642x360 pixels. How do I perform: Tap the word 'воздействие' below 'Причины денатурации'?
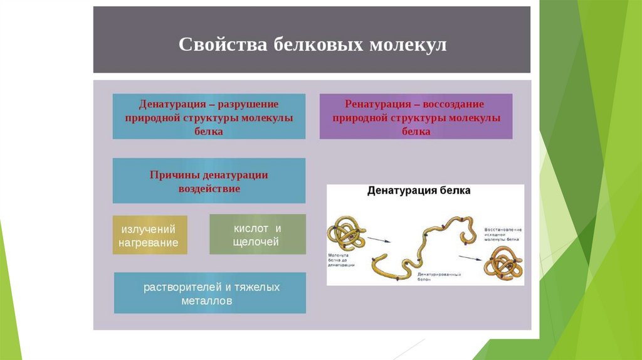coord(209,188)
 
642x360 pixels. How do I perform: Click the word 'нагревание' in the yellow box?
coord(150,243)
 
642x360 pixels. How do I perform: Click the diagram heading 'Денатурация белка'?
coord(419,190)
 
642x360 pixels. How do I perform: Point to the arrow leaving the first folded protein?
coord(378,239)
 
